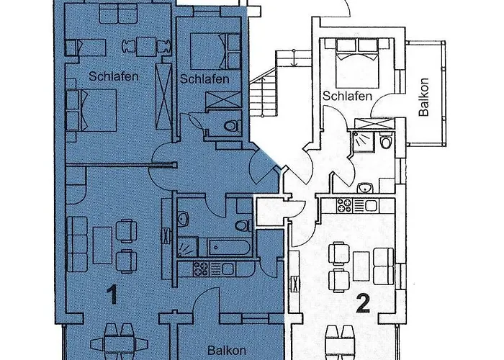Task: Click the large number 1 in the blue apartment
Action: coord(111,294)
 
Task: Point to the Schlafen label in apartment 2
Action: coord(347,96)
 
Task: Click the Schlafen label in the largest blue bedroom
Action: coord(113,76)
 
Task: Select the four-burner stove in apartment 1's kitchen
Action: coord(199,269)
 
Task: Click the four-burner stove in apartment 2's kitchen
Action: coord(343,205)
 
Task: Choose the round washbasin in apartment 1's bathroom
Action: coord(184,217)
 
